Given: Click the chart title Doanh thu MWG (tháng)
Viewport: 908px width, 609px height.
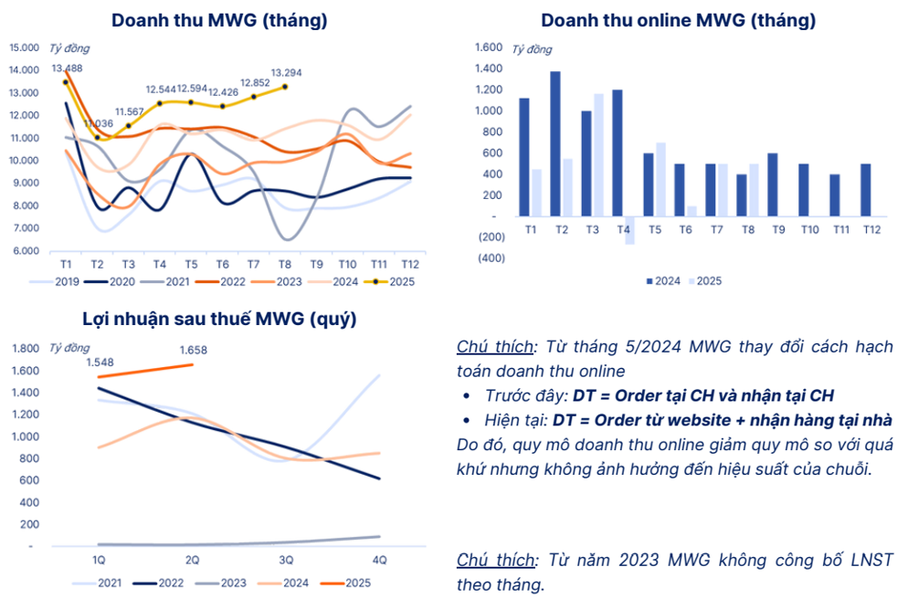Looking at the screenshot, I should pyautogui.click(x=219, y=19).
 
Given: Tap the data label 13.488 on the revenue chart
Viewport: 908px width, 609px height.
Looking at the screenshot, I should pyautogui.click(x=67, y=68).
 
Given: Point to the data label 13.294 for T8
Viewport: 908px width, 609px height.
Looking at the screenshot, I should pyautogui.click(x=287, y=72).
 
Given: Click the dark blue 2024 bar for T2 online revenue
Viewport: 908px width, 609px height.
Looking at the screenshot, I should pyautogui.click(x=554, y=143).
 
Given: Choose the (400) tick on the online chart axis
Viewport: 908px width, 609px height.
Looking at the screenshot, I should pyautogui.click(x=490, y=258).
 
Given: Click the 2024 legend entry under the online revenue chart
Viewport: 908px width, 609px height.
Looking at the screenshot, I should pyautogui.click(x=661, y=281).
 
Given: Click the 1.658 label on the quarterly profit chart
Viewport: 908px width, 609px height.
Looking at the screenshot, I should pyautogui.click(x=193, y=350).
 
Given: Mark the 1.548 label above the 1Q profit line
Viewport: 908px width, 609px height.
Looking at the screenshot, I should pyautogui.click(x=100, y=362).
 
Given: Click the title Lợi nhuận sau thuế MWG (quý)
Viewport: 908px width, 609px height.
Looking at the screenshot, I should pyautogui.click(x=219, y=320).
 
